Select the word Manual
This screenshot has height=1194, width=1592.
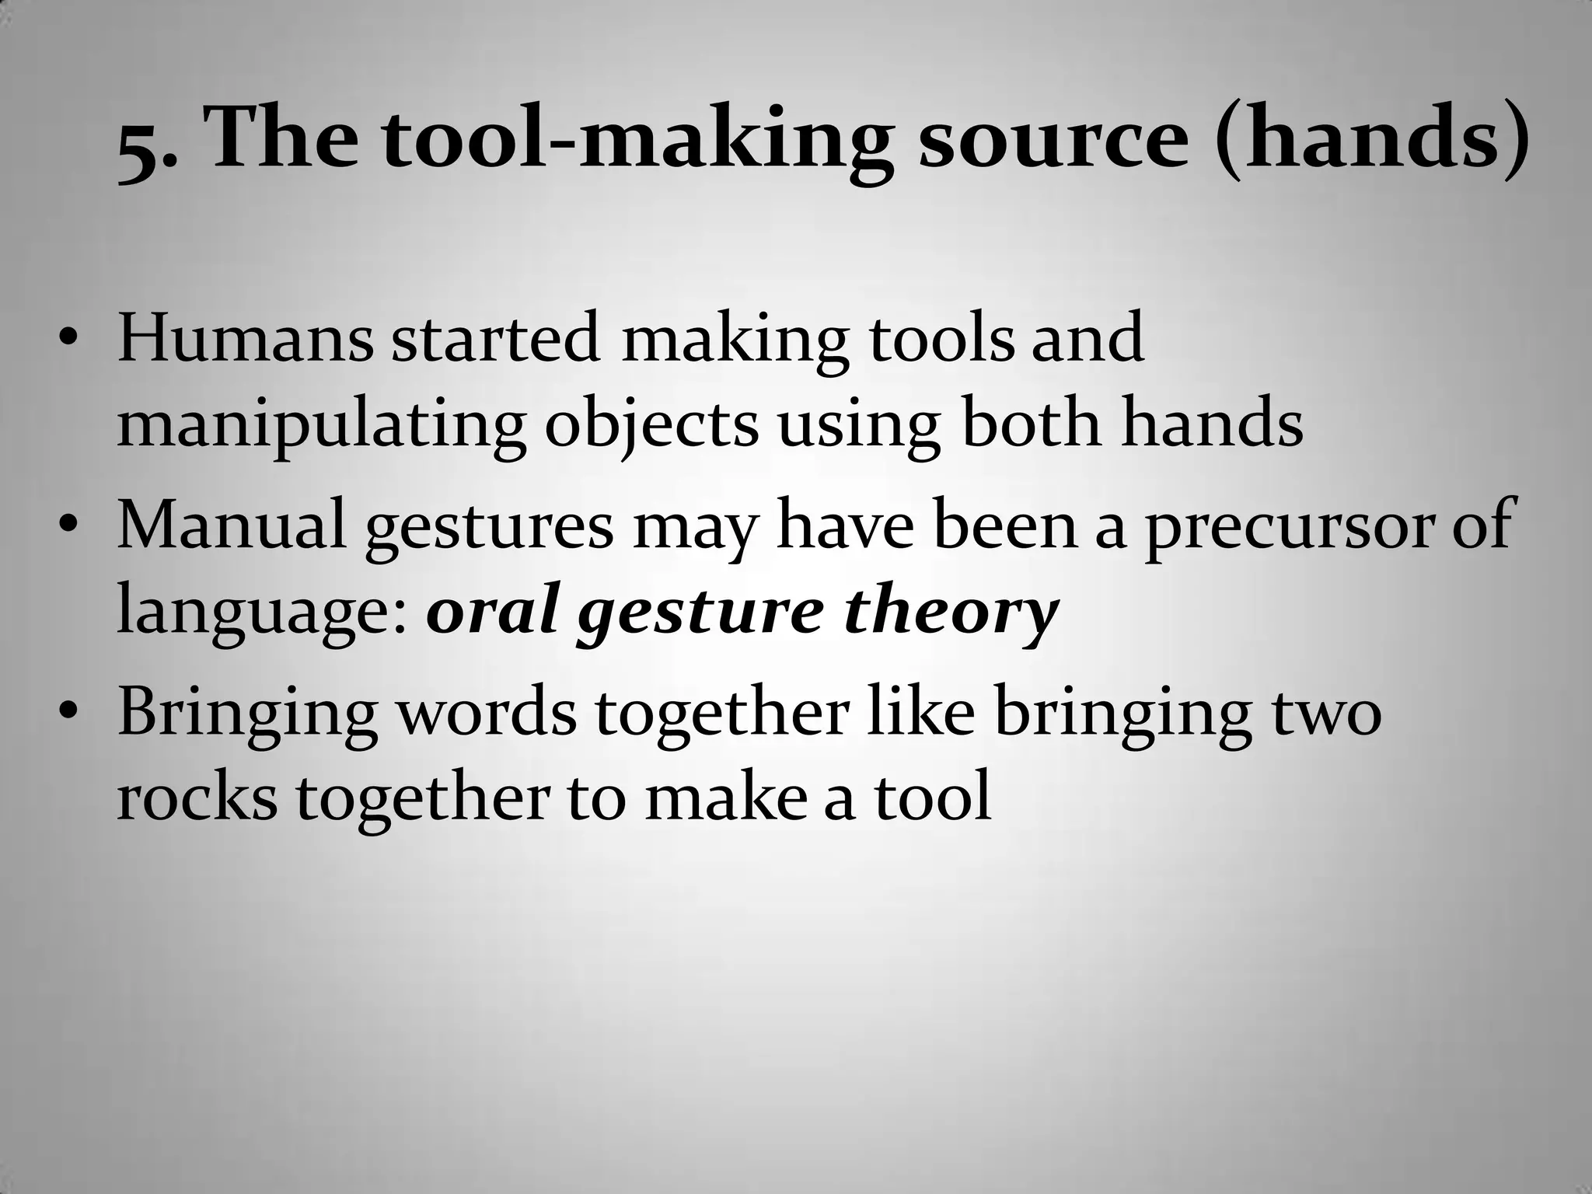coord(231,525)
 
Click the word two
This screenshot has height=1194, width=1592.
coord(1326,714)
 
